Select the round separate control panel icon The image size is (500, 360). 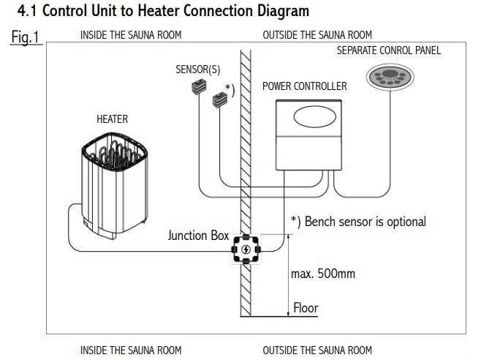click(x=388, y=78)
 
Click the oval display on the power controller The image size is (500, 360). click(x=312, y=118)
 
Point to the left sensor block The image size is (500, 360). click(x=196, y=89)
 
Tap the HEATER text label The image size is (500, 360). click(x=113, y=119)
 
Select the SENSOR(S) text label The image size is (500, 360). click(x=197, y=70)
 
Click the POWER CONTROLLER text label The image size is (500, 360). click(x=304, y=86)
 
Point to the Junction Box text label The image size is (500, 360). click(x=197, y=236)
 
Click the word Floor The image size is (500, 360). click(x=306, y=307)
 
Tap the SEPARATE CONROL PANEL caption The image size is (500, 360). click(x=389, y=50)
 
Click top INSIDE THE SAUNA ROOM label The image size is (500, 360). click(x=131, y=35)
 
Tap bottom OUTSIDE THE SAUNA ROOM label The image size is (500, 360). click(x=317, y=350)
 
